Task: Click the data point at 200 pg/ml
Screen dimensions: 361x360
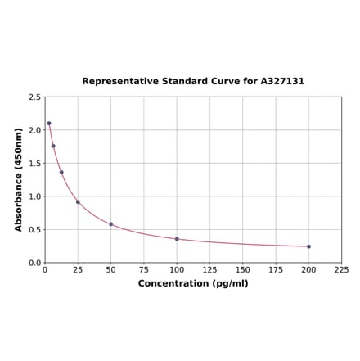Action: coord(308,246)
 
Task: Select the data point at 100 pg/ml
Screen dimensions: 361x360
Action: coord(177,239)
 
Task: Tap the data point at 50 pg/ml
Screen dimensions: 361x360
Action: coord(111,224)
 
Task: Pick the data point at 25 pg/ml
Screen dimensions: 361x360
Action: coord(78,202)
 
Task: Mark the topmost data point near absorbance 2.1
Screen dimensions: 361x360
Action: coord(49,124)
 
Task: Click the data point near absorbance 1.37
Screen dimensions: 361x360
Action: coord(61,172)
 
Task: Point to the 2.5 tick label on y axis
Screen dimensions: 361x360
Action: coord(35,97)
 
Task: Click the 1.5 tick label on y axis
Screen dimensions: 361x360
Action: coord(35,164)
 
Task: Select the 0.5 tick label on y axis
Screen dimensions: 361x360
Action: coord(35,230)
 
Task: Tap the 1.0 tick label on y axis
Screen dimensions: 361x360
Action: coord(35,196)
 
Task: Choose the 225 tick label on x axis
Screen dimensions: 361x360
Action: coord(341,270)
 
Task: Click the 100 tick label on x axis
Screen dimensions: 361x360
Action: coord(177,270)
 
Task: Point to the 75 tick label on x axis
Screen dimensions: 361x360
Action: coord(144,270)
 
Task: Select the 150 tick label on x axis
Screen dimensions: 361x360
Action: coord(243,270)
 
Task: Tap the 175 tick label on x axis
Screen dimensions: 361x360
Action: coord(276,270)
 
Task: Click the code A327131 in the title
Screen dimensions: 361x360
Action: coord(282,82)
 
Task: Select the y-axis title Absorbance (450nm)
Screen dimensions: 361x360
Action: coord(19,179)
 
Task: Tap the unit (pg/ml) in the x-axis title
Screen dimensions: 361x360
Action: coord(231,283)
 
